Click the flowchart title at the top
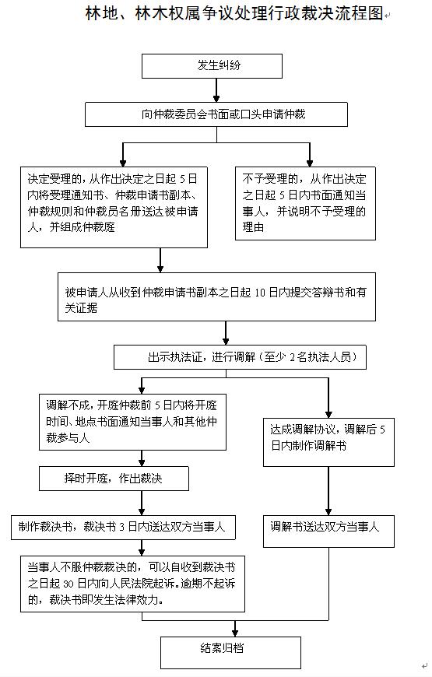click(x=234, y=14)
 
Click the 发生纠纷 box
click(x=212, y=66)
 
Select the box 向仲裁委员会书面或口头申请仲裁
click(x=216, y=114)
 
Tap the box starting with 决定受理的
click(x=114, y=207)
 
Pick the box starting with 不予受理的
click(x=305, y=203)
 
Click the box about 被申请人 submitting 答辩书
click(x=216, y=296)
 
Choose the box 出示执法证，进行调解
click(x=240, y=357)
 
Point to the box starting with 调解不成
click(x=132, y=422)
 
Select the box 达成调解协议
click(x=328, y=442)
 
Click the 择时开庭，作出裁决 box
click(x=114, y=479)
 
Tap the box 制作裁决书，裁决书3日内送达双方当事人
click(x=123, y=527)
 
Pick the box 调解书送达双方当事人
click(x=328, y=531)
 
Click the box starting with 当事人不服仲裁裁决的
click(x=132, y=584)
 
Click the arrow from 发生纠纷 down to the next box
click(x=216, y=90)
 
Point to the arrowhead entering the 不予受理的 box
click(x=310, y=163)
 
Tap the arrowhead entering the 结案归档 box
click(x=235, y=633)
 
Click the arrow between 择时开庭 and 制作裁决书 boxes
click(x=142, y=503)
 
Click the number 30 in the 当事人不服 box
click(x=68, y=584)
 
